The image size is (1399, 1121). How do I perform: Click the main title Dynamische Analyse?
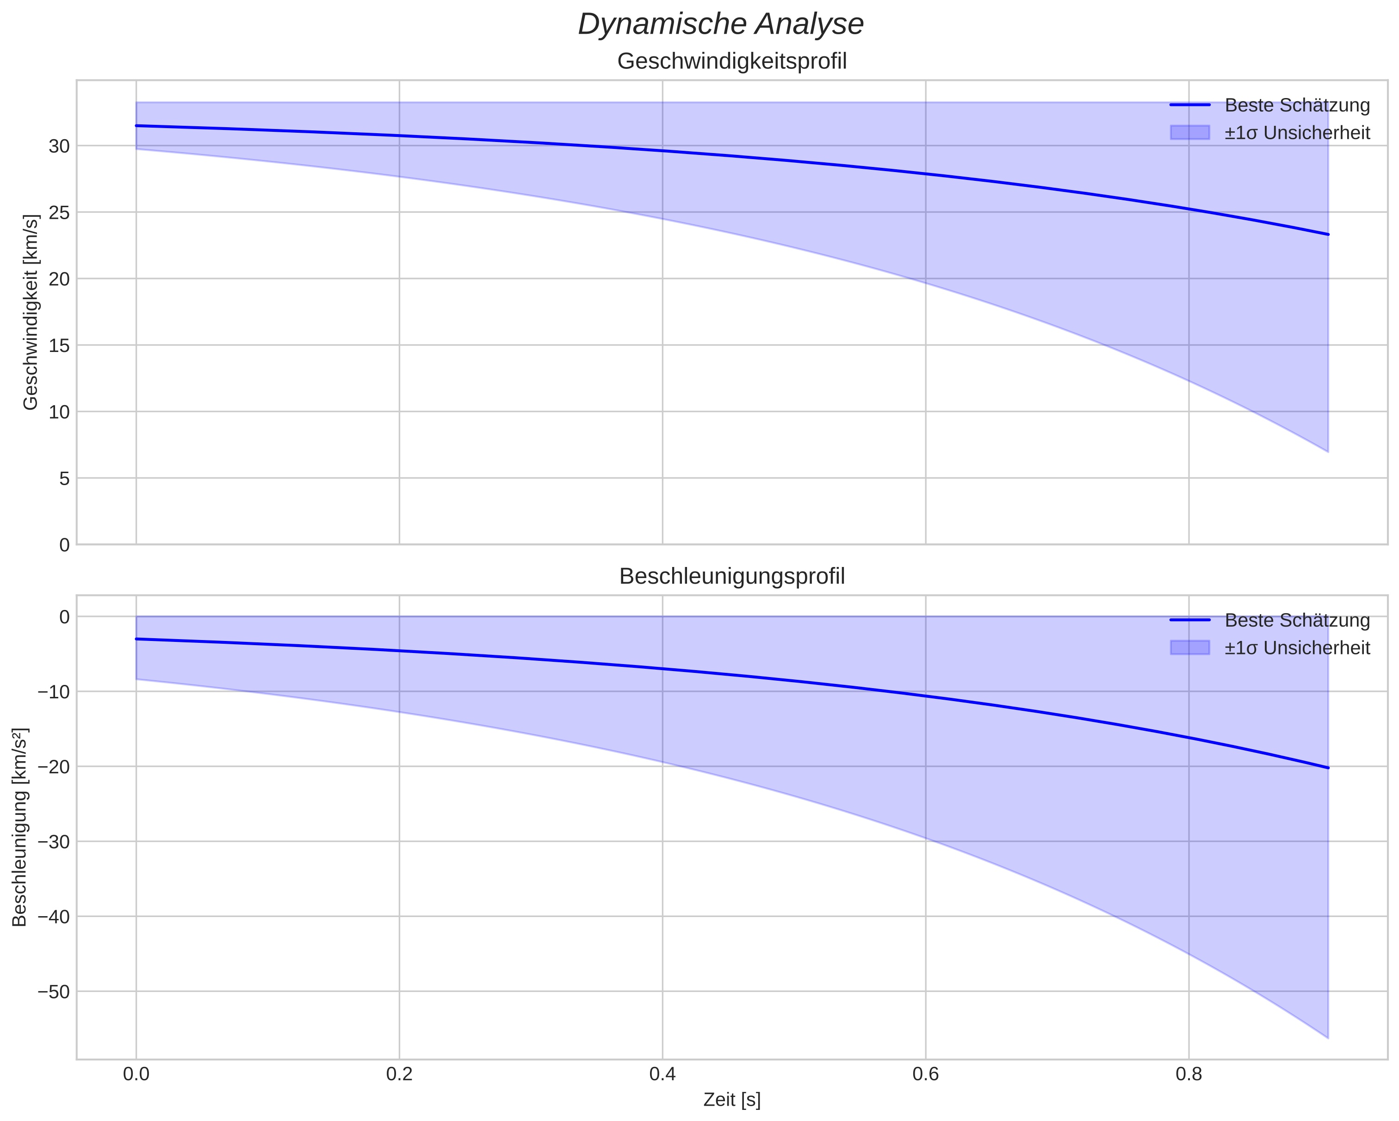pos(721,25)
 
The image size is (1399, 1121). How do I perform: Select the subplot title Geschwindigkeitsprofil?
pos(732,62)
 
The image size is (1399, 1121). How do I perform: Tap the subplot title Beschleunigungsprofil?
pos(732,576)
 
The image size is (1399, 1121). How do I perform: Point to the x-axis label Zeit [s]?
pos(732,1100)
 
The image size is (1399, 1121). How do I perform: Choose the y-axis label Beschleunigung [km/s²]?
pos(20,827)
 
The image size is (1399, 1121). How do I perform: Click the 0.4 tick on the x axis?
pos(662,1074)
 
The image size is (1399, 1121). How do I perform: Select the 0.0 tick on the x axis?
pos(136,1074)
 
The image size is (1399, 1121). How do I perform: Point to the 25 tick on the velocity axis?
pos(59,213)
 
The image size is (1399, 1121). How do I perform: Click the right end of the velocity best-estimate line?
pos(1328,234)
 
